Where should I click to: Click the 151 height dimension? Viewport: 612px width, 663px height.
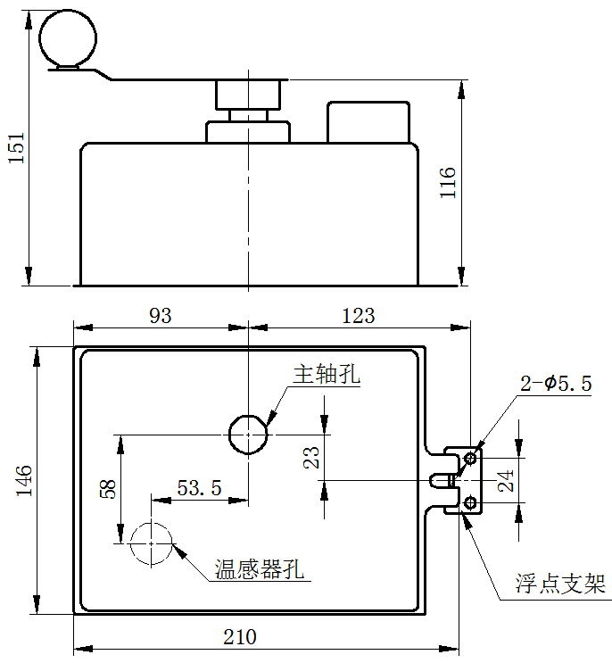coord(17,148)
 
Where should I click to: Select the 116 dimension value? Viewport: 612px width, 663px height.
coord(448,183)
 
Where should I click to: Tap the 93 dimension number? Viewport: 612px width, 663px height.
coord(161,316)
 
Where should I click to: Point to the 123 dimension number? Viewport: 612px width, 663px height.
coord(359,316)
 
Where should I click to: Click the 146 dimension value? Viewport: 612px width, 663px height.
coord(24,481)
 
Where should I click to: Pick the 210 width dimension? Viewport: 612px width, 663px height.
coord(240,637)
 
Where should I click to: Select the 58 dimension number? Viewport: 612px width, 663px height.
coord(108,489)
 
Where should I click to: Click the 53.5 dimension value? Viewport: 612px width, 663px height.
coord(199,488)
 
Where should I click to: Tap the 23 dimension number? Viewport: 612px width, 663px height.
coord(311,457)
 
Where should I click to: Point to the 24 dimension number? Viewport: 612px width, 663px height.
coord(506,481)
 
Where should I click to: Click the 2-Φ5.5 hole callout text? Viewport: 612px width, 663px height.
coord(556,384)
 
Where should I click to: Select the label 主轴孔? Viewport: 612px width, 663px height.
coord(327,375)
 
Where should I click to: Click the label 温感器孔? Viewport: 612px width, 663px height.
coord(259,569)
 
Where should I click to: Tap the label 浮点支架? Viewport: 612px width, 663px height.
coord(560,584)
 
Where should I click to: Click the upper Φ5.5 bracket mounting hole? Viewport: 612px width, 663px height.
coord(470,458)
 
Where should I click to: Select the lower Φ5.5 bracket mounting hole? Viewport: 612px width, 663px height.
coord(470,503)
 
